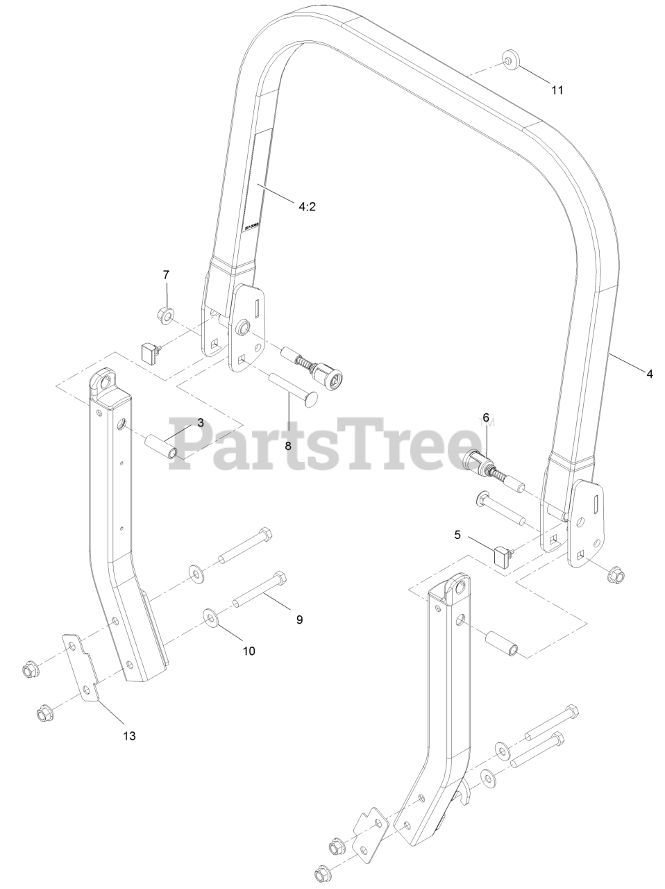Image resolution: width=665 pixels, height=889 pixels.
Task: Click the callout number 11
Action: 557,90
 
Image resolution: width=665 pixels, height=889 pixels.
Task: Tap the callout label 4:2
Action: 307,206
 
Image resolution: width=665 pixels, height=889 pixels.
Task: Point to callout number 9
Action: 299,620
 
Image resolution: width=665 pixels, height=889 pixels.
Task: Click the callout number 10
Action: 249,651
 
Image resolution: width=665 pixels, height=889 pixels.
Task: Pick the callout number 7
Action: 166,275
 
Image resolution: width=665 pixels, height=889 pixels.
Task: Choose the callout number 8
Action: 287,447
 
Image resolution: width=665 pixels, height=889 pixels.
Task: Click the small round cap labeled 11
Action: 511,62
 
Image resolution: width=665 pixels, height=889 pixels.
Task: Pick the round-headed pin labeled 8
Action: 292,388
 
